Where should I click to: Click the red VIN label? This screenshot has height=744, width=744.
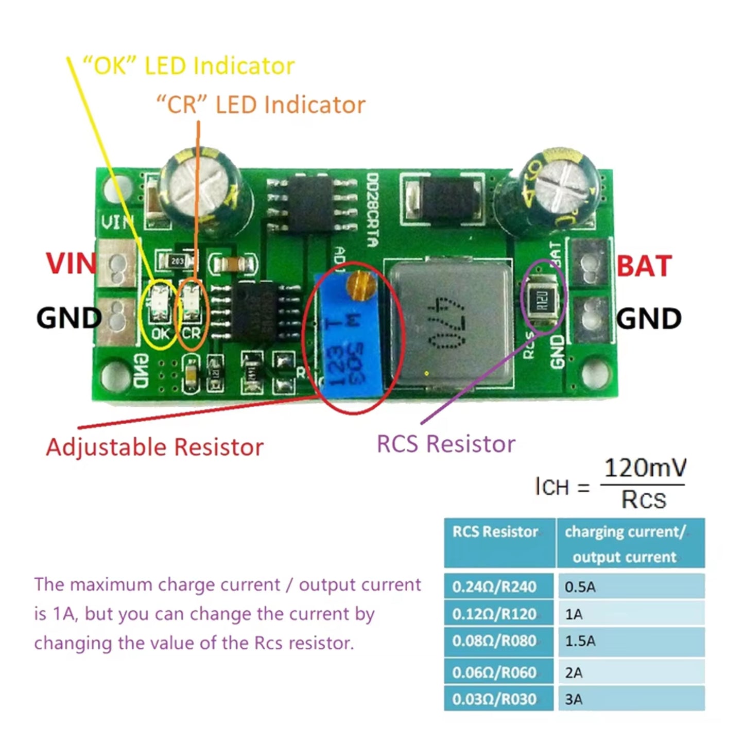[x=71, y=264]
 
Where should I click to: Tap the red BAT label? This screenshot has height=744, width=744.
[x=644, y=266]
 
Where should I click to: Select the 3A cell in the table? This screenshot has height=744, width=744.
[x=630, y=699]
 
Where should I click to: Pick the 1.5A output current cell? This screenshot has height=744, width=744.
[x=630, y=641]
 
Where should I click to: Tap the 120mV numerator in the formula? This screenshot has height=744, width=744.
[x=645, y=468]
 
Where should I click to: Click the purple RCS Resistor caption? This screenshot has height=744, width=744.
[x=446, y=444]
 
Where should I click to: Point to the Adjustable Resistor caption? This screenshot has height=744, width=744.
[x=154, y=447]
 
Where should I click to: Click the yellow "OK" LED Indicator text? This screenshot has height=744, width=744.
[x=188, y=66]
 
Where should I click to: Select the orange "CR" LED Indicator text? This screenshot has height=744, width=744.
[x=261, y=105]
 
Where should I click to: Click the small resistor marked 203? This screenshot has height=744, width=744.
[x=177, y=261]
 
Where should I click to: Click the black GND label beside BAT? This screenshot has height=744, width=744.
[x=649, y=319]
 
